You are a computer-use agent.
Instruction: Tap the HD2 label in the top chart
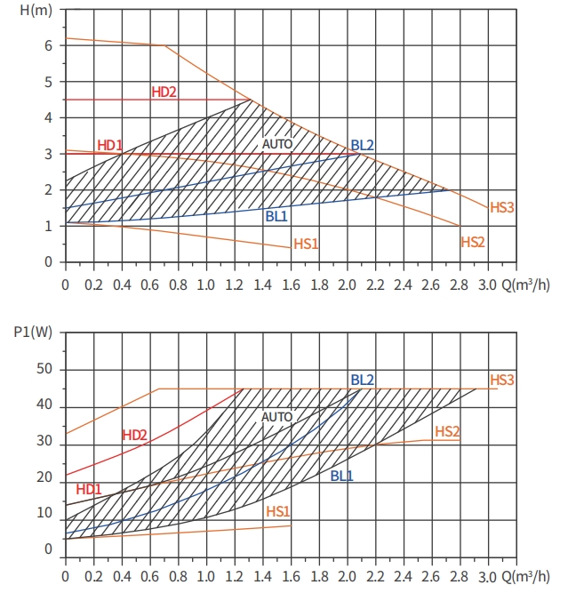[164, 92]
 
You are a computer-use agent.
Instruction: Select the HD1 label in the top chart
[109, 145]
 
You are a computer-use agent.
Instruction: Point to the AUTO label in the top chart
[276, 143]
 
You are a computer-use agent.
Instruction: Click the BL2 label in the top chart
[362, 145]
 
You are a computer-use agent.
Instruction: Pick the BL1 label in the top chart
[276, 215]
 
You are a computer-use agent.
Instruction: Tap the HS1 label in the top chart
[306, 243]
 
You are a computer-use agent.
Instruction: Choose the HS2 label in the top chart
[473, 242]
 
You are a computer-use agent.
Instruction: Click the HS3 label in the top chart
[502, 207]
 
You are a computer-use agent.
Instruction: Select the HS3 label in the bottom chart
[502, 380]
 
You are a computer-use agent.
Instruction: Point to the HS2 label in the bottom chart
[447, 431]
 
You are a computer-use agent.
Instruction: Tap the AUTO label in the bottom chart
[276, 416]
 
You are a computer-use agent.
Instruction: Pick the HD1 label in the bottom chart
[89, 489]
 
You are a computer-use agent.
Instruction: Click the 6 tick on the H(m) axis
[48, 44]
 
